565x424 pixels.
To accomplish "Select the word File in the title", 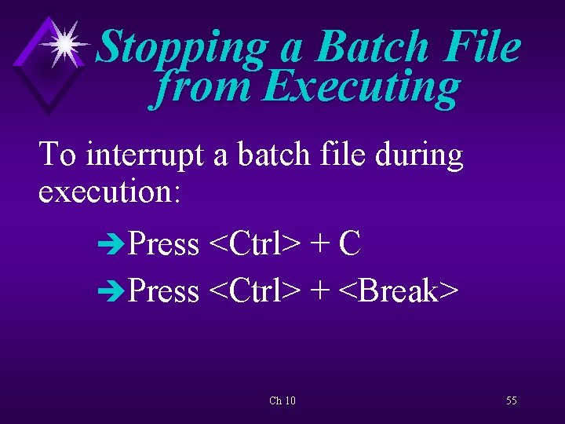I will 481,46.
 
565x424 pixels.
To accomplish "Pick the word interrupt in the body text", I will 148,155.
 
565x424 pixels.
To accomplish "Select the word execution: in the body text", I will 110,192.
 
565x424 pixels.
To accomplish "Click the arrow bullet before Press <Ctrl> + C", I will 111,245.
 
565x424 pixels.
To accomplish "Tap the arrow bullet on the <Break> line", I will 111,292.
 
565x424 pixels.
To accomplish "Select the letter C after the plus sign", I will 349,244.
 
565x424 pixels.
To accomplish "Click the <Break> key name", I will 399,291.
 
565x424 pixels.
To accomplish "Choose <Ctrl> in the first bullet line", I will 254,244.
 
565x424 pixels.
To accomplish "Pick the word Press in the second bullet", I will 164,291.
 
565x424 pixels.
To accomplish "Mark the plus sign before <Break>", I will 319,292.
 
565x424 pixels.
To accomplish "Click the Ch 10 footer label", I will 282,401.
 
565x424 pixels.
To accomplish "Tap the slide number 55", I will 512,400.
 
